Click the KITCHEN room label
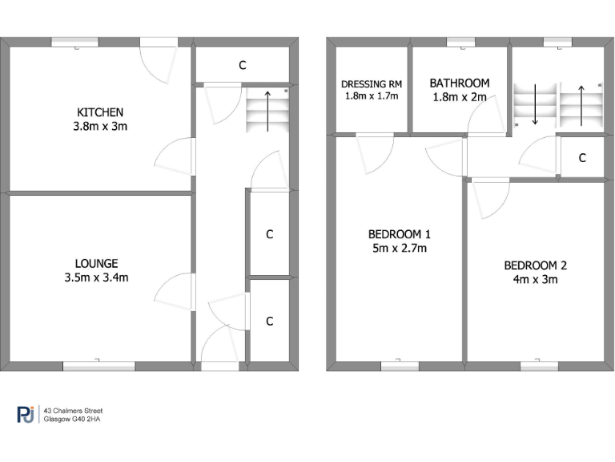tap(100, 111)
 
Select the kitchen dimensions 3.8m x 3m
tap(100, 126)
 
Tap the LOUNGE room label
tap(97, 263)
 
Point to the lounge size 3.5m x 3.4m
tap(97, 278)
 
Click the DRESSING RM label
tap(372, 83)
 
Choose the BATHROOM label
tap(459, 83)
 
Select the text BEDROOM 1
tap(400, 234)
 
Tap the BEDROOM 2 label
tap(535, 265)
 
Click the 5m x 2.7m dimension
tap(400, 248)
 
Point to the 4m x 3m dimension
tap(535, 279)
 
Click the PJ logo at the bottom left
tap(26, 414)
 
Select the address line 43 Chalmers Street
tap(73, 410)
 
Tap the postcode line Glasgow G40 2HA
tap(72, 419)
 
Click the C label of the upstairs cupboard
tap(582, 158)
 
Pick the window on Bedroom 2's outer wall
tap(538, 365)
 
